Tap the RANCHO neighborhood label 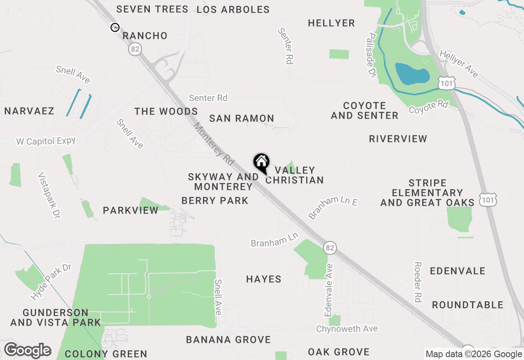145,36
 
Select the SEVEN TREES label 152,9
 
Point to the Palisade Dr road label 372,55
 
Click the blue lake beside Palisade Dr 411,74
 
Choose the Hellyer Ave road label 458,63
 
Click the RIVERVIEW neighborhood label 398,139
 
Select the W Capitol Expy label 46,141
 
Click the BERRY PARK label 215,200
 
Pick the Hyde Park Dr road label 51,282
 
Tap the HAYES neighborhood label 264,279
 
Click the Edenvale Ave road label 329,290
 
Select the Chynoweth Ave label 347,328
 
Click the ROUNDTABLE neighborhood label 468,305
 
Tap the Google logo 27,351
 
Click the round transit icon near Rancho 115,27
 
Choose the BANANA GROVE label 228,340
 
